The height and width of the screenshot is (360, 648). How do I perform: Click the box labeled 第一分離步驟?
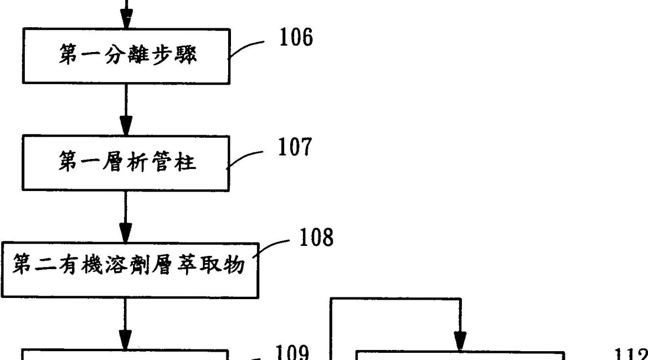tap(126, 56)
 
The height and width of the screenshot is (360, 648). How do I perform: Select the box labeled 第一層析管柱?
tap(126, 163)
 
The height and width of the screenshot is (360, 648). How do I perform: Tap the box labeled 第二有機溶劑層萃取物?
tap(131, 268)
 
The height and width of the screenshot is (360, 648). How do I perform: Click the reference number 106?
tap(296, 38)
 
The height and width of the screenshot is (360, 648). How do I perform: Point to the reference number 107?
tap(294, 147)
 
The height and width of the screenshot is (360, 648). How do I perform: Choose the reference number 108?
tap(316, 238)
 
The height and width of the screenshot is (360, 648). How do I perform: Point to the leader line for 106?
tap(248, 47)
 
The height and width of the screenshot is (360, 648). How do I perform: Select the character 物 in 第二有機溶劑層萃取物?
tap(235, 268)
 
